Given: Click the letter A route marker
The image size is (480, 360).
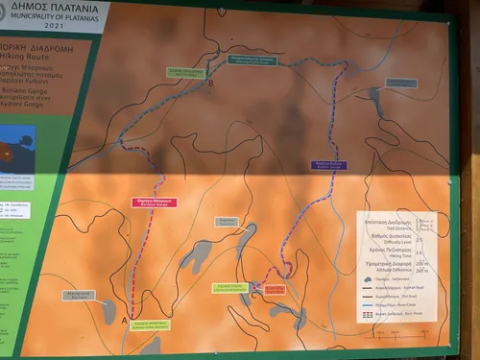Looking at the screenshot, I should (124, 321).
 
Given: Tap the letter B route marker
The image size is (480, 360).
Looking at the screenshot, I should (211, 84).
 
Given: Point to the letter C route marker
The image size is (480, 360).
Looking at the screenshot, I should (254, 295).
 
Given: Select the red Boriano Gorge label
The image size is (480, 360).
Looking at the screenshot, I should (154, 203).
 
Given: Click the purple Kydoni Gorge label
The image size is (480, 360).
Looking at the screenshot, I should (329, 165).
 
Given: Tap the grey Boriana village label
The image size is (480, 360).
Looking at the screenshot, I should (80, 296).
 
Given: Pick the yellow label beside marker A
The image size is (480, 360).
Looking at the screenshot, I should (151, 324).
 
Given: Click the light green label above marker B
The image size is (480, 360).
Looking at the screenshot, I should (186, 72).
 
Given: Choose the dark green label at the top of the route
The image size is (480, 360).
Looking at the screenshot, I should (252, 60).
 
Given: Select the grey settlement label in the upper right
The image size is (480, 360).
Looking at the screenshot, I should (401, 84).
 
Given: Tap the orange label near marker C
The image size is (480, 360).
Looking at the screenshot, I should (276, 289).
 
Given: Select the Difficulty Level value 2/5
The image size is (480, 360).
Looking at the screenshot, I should (422, 236).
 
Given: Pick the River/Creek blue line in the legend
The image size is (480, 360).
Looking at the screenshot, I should (369, 306).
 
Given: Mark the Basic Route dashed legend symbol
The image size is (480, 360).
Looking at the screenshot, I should (369, 315).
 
